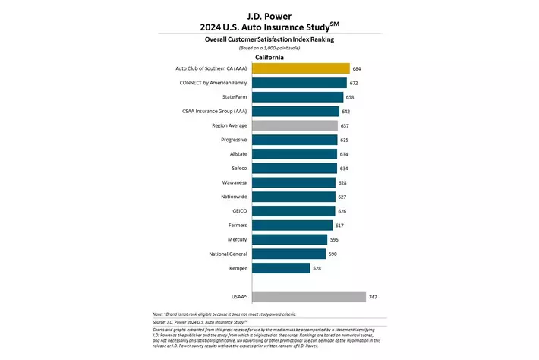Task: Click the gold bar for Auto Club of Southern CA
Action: (301, 68)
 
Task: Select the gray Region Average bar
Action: (295, 125)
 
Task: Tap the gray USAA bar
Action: (308, 297)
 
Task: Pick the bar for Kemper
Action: (281, 268)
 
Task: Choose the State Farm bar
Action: (298, 97)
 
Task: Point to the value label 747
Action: (373, 297)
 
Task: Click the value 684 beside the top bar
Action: (357, 68)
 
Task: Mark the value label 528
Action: (317, 268)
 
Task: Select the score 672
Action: (354, 83)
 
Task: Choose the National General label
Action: (225, 254)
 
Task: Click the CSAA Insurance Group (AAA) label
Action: (213, 112)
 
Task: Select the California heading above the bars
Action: (269, 57)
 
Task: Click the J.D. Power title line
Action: (269, 14)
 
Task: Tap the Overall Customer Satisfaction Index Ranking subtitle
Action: (269, 38)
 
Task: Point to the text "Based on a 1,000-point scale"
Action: (269, 48)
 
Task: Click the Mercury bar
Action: (289, 239)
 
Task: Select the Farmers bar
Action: (292, 226)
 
